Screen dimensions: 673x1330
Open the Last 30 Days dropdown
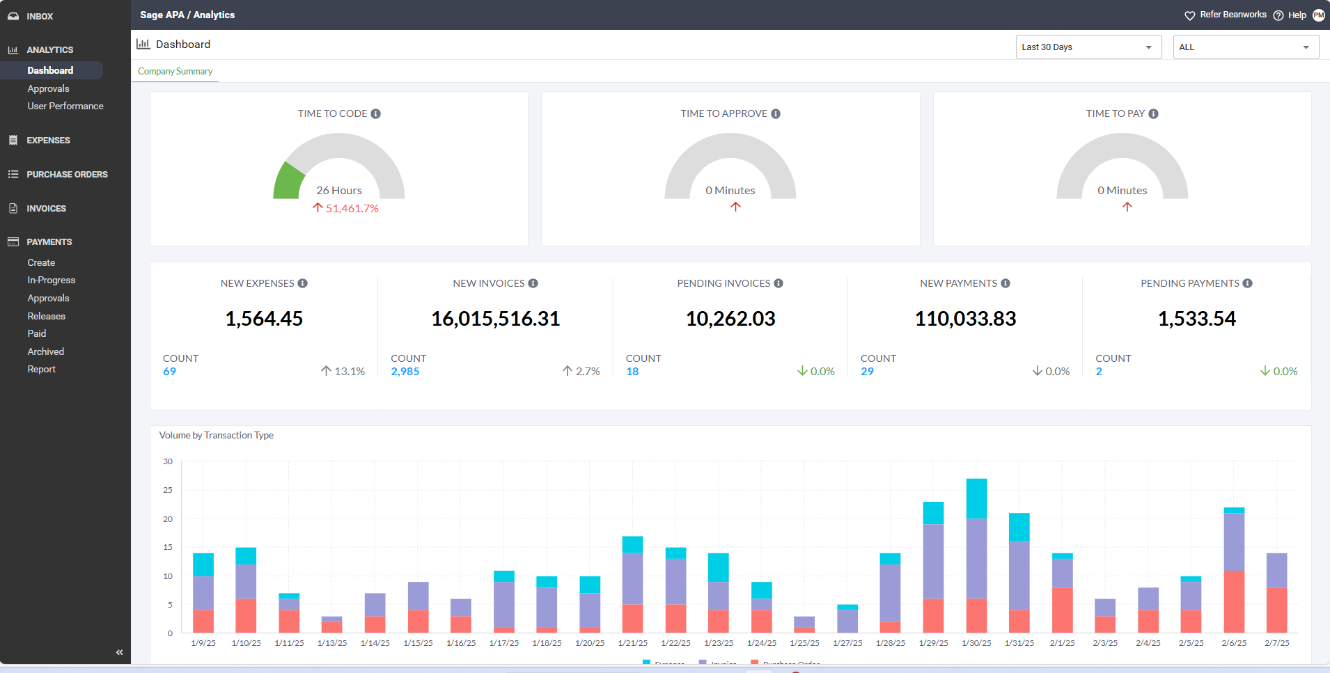[x=1088, y=47]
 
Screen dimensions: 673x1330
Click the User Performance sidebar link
[x=65, y=106]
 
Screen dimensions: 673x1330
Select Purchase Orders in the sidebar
[x=67, y=175]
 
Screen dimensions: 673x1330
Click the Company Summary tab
[x=175, y=72]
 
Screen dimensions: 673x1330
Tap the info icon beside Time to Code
[x=376, y=114]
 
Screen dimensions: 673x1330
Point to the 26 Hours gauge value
[x=339, y=191]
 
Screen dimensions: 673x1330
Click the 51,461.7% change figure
[x=352, y=209]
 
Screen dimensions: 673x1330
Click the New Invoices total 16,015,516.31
[x=495, y=319]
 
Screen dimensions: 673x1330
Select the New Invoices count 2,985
[x=405, y=372]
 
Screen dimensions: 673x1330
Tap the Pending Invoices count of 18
[x=632, y=372]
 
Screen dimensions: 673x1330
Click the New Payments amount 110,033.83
[x=965, y=319]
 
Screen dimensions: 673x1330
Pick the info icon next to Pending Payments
[x=1248, y=284]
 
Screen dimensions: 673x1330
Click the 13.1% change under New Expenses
[x=349, y=372]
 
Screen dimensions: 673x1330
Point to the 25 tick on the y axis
[x=168, y=491]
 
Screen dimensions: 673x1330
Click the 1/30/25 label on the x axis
[x=976, y=643]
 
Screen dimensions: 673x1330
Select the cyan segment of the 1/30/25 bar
[x=976, y=498]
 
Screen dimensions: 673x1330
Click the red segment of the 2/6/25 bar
[x=1234, y=601]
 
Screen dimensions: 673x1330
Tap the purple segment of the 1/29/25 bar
[x=933, y=561]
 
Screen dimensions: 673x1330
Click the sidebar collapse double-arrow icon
[x=119, y=652]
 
